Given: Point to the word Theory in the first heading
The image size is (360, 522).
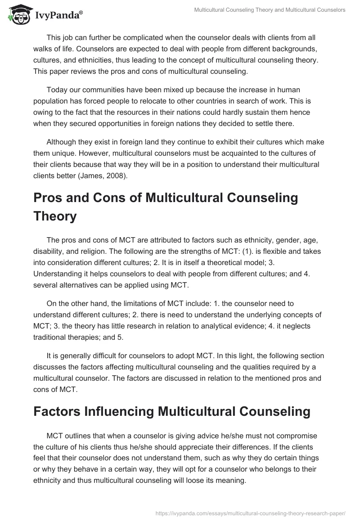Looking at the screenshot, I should pos(55,216).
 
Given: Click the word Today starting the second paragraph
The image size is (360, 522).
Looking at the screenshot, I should pos(58,90).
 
